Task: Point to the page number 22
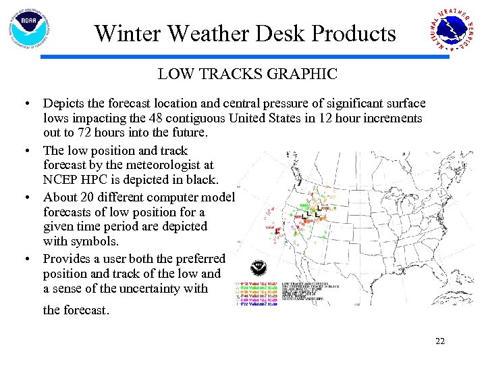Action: tap(440, 341)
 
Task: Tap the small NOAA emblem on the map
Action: tap(258, 267)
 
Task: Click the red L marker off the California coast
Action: tap(277, 231)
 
